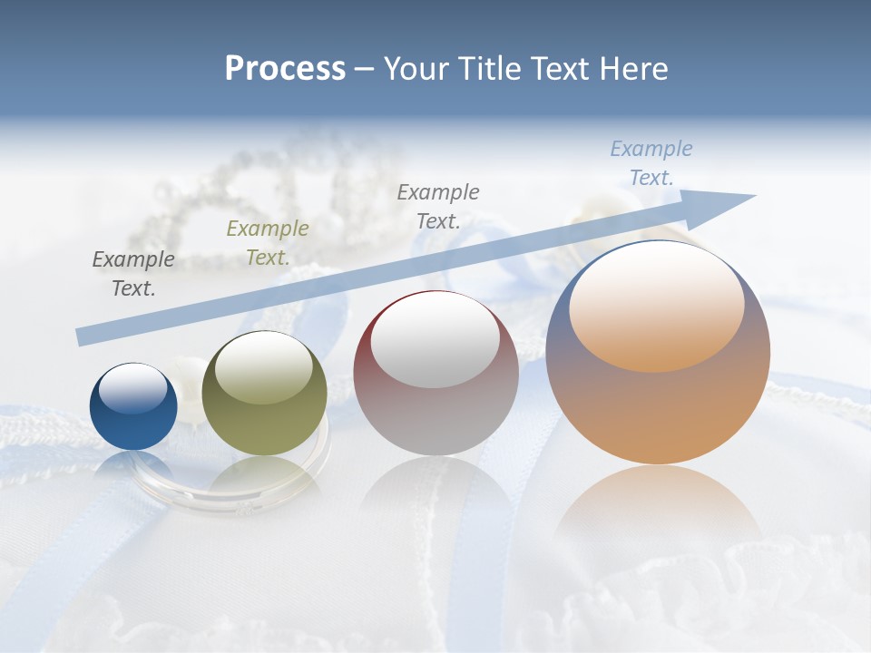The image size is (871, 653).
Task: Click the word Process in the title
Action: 285,68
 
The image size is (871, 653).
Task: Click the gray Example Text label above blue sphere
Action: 133,273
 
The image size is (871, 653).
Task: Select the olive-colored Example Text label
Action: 268,242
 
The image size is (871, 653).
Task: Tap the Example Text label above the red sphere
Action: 438,206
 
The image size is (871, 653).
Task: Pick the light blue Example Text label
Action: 651,162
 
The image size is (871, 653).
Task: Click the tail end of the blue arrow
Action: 83,336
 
